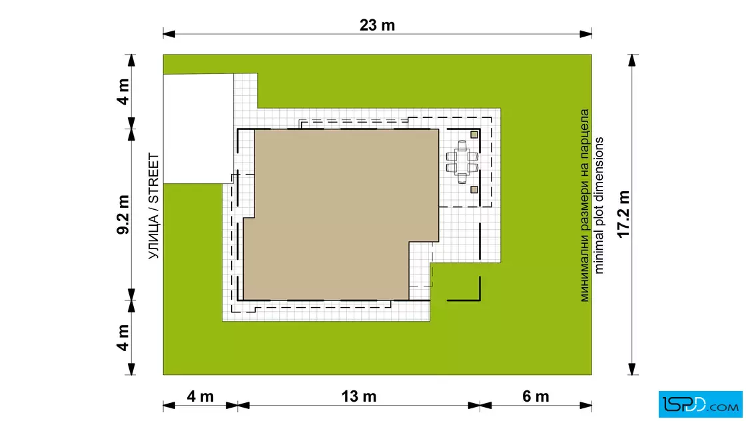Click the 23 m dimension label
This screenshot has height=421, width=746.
tap(377, 25)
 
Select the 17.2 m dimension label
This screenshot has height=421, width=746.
tap(623, 214)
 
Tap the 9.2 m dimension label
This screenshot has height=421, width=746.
tap(123, 214)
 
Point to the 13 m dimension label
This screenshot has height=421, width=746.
tap(359, 396)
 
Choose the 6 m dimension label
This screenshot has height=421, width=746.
tap(536, 396)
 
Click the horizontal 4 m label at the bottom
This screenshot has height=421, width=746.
tap(200, 396)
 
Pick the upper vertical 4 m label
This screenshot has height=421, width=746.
tap(123, 92)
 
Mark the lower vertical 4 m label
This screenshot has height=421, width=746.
tap(123, 338)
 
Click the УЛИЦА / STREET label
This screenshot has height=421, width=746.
tap(153, 206)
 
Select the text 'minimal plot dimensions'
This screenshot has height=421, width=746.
tap(599, 206)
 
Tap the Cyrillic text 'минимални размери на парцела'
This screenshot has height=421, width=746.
tap(584, 206)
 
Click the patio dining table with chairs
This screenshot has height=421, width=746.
tap(462, 162)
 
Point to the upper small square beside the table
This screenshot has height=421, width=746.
tap(474, 135)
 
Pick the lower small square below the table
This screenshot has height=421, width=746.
tap(474, 190)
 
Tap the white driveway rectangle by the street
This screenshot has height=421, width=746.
tap(198, 129)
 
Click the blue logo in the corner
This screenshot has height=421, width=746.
tap(700, 404)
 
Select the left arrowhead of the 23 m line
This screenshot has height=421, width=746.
tap(169, 34)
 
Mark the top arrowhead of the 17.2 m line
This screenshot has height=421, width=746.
tap(632, 60)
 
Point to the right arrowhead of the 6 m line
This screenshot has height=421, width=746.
tap(585, 406)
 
